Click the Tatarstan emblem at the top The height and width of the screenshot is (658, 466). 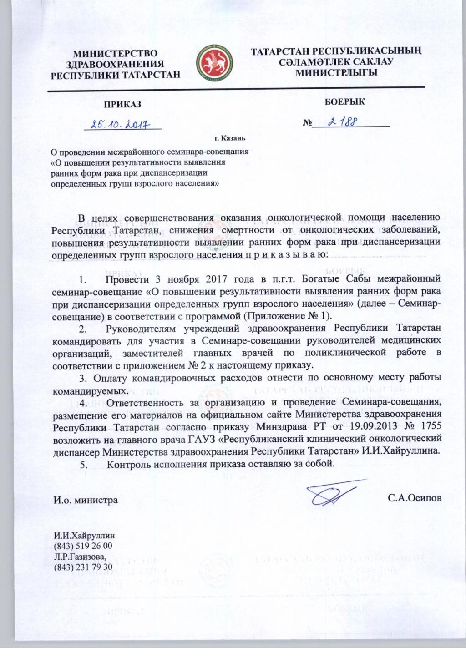tap(214, 64)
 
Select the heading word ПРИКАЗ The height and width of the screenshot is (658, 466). tap(122, 104)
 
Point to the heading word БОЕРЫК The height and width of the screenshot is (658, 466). tap(344, 101)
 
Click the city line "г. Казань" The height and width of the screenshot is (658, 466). tap(230, 138)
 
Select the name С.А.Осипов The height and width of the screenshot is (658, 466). tap(415, 498)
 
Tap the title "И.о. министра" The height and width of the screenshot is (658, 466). tap(85, 500)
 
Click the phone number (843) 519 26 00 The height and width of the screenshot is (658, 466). tap(83, 546)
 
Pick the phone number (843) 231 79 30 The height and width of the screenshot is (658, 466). tap(83, 567)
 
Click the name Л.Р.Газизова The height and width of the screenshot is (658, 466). tap(80, 556)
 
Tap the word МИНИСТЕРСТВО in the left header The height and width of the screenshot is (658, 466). tap(115, 54)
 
